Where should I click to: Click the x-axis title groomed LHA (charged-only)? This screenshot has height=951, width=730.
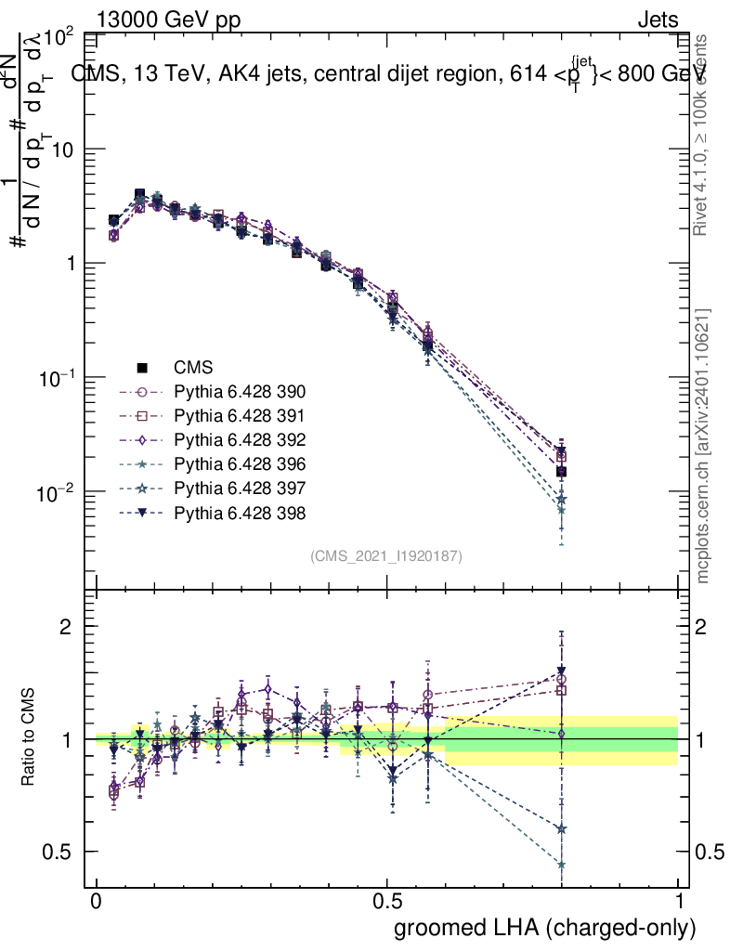pyautogui.click(x=546, y=928)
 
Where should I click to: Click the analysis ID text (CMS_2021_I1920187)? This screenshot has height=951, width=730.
pyautogui.click(x=386, y=555)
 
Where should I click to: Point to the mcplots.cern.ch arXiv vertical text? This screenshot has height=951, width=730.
pyautogui.click(x=705, y=446)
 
